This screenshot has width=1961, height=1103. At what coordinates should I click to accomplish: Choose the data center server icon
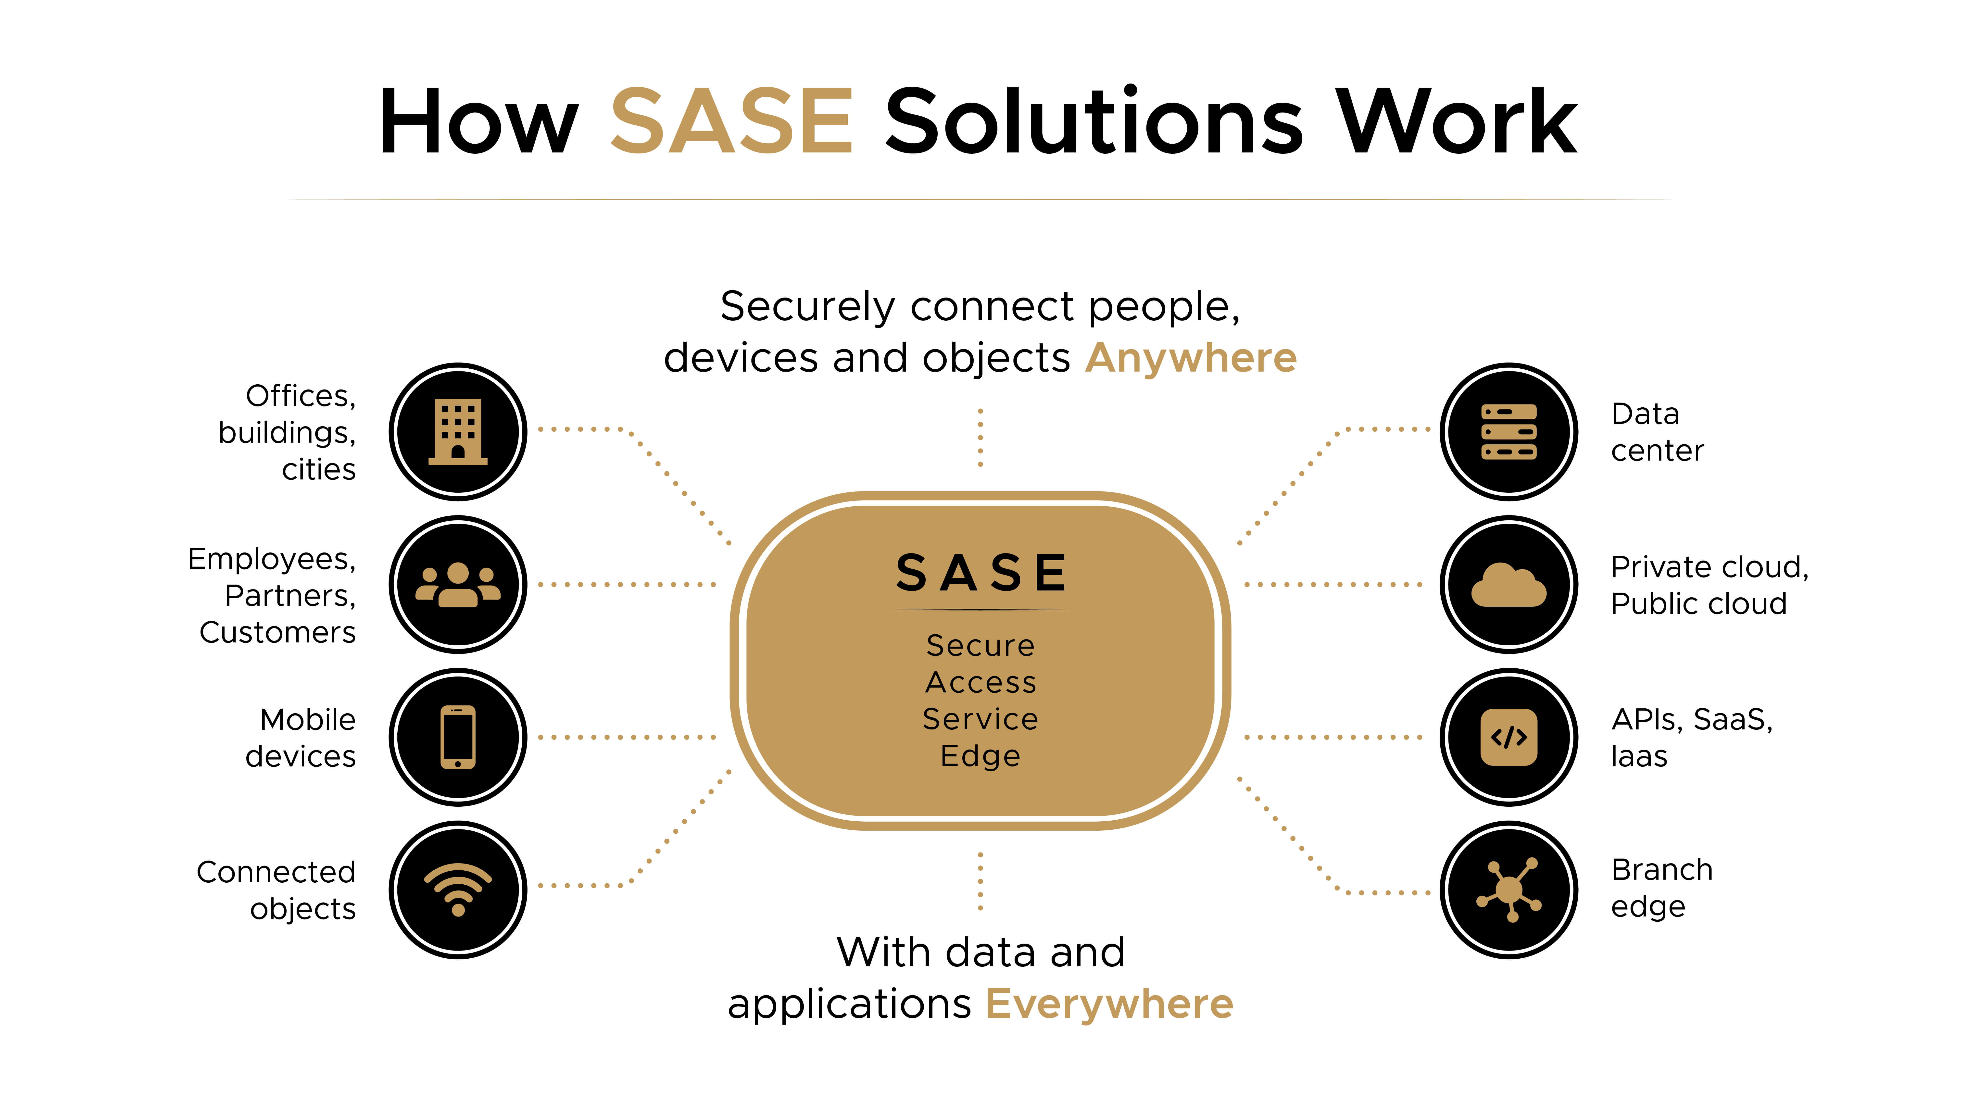coord(1509,432)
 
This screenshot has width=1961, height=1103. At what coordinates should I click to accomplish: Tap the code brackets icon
coord(1509,737)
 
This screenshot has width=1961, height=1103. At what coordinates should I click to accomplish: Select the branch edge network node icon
coord(1509,889)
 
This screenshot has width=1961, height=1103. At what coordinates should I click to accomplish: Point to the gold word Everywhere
coord(1109,1003)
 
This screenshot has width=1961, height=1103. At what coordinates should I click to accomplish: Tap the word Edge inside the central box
coord(980,756)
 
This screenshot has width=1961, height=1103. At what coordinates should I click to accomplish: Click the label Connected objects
coord(276,890)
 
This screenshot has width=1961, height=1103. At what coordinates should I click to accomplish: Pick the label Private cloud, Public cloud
coord(1709,585)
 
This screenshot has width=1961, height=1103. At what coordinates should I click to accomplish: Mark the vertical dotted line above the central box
coord(980,438)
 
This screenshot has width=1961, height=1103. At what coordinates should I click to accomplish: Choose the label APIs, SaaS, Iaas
coord(1692,737)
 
